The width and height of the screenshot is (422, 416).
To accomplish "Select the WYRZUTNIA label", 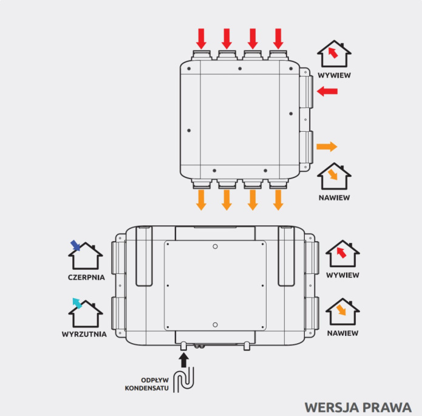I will click(x=84, y=334).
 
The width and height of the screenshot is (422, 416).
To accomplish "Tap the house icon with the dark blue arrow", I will click(x=85, y=255).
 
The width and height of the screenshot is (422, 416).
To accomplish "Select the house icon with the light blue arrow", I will click(x=84, y=312).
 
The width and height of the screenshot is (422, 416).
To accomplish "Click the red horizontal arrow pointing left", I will click(x=328, y=91).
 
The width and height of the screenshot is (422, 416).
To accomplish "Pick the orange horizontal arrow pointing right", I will click(x=327, y=146).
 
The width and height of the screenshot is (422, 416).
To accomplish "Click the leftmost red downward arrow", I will click(x=201, y=38).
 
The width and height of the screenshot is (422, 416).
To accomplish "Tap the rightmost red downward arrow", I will click(x=278, y=38).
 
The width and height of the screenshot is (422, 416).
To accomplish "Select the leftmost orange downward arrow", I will click(x=201, y=200).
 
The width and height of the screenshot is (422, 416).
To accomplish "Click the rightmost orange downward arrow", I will click(x=278, y=200).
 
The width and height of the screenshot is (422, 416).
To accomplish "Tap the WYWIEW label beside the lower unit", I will click(x=342, y=275).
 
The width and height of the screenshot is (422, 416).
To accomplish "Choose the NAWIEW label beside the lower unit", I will click(x=342, y=333).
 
